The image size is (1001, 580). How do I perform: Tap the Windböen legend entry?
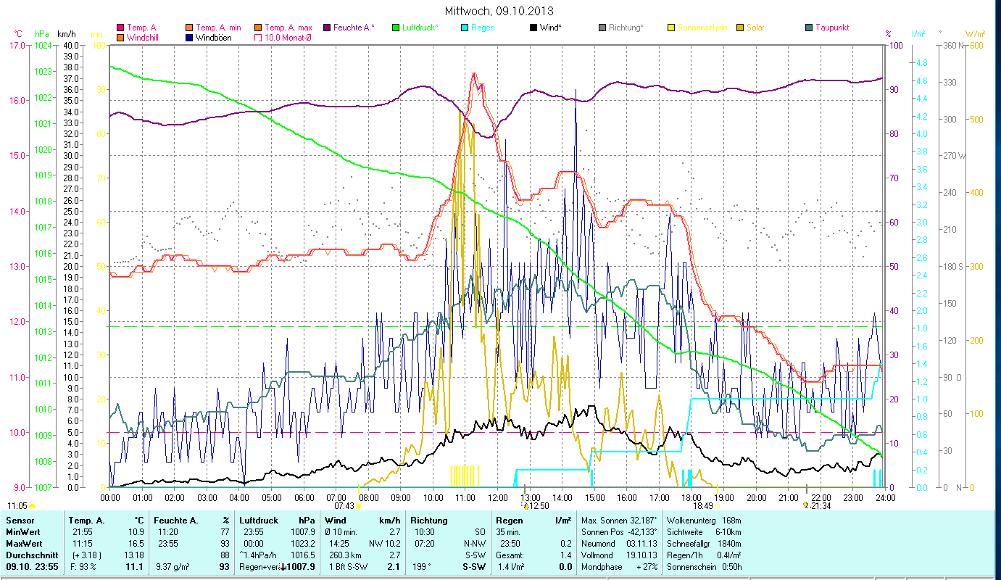209,38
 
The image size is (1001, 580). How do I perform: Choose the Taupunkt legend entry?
831,28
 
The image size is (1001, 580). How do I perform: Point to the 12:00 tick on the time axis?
497,498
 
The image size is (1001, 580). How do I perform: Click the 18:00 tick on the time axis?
691,498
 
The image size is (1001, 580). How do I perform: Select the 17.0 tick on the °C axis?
17,46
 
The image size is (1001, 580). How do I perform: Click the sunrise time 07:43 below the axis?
344,506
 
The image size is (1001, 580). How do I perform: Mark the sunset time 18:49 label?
702,506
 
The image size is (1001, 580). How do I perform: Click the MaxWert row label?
24,543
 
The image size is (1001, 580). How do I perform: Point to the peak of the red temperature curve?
474,72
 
